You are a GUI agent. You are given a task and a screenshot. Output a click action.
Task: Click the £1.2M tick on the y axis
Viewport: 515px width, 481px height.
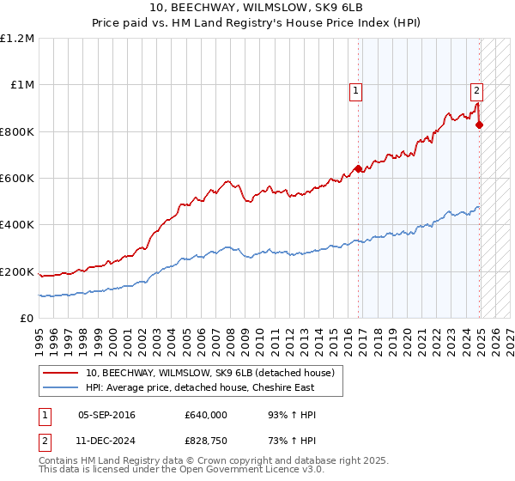(x=17, y=38)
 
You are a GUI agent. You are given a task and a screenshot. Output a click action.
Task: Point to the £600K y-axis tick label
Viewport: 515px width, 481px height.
(x=17, y=178)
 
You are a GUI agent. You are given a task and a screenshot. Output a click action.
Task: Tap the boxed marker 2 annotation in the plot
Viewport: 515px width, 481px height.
(x=476, y=88)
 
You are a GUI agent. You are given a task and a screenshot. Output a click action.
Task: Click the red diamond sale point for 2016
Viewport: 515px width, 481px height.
(x=358, y=168)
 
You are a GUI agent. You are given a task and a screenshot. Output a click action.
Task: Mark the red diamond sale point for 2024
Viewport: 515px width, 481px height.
(x=479, y=125)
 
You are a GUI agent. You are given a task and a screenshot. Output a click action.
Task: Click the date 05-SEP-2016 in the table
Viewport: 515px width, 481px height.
(x=106, y=415)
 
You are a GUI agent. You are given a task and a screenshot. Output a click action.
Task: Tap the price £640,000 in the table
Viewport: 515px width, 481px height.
(x=205, y=415)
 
